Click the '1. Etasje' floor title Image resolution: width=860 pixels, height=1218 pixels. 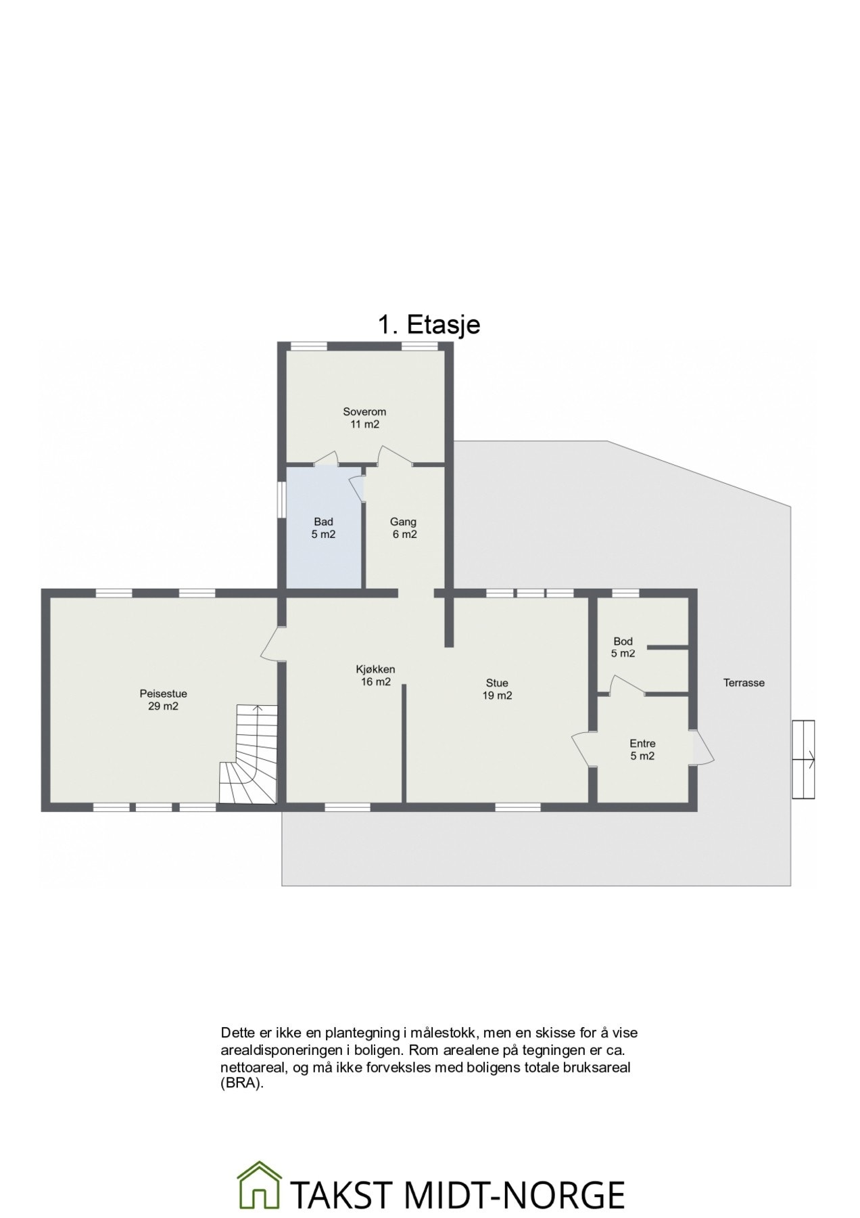429,325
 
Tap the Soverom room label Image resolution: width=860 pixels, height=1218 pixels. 364,418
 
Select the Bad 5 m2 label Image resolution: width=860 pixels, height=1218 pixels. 323,528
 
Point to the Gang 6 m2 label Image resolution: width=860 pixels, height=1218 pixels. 404,528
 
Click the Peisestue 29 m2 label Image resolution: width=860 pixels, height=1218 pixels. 163,700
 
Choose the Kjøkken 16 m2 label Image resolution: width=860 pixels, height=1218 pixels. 375,675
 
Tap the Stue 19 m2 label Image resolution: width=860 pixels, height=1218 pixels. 497,689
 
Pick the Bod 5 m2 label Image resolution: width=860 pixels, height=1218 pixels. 623,647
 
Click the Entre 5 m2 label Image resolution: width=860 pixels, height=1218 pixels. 642,750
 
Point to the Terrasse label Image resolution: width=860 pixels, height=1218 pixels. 744,683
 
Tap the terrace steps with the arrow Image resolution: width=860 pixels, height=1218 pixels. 803,759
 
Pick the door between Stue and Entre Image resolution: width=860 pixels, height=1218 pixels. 583,748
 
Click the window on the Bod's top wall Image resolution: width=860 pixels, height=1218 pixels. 625,593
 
